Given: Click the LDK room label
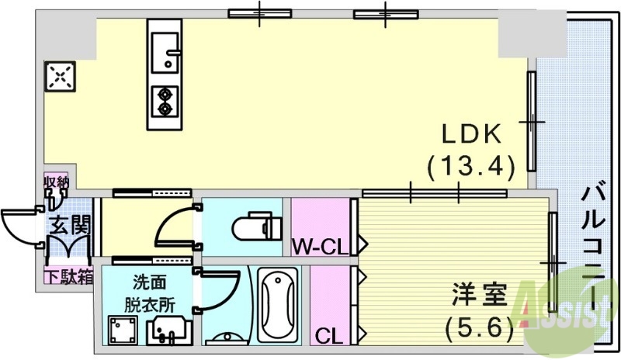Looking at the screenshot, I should (470, 133).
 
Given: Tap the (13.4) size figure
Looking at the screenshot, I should (470, 165).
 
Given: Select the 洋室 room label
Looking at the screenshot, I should (480, 296).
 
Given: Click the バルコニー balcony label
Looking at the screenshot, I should (594, 248).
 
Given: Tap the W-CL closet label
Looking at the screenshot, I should (318, 248).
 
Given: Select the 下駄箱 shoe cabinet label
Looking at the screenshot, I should (68, 274).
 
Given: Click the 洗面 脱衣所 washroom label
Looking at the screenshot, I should (147, 290).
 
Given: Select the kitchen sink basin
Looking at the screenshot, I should (165, 52).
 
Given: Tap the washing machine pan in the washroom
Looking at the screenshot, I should (123, 330).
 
